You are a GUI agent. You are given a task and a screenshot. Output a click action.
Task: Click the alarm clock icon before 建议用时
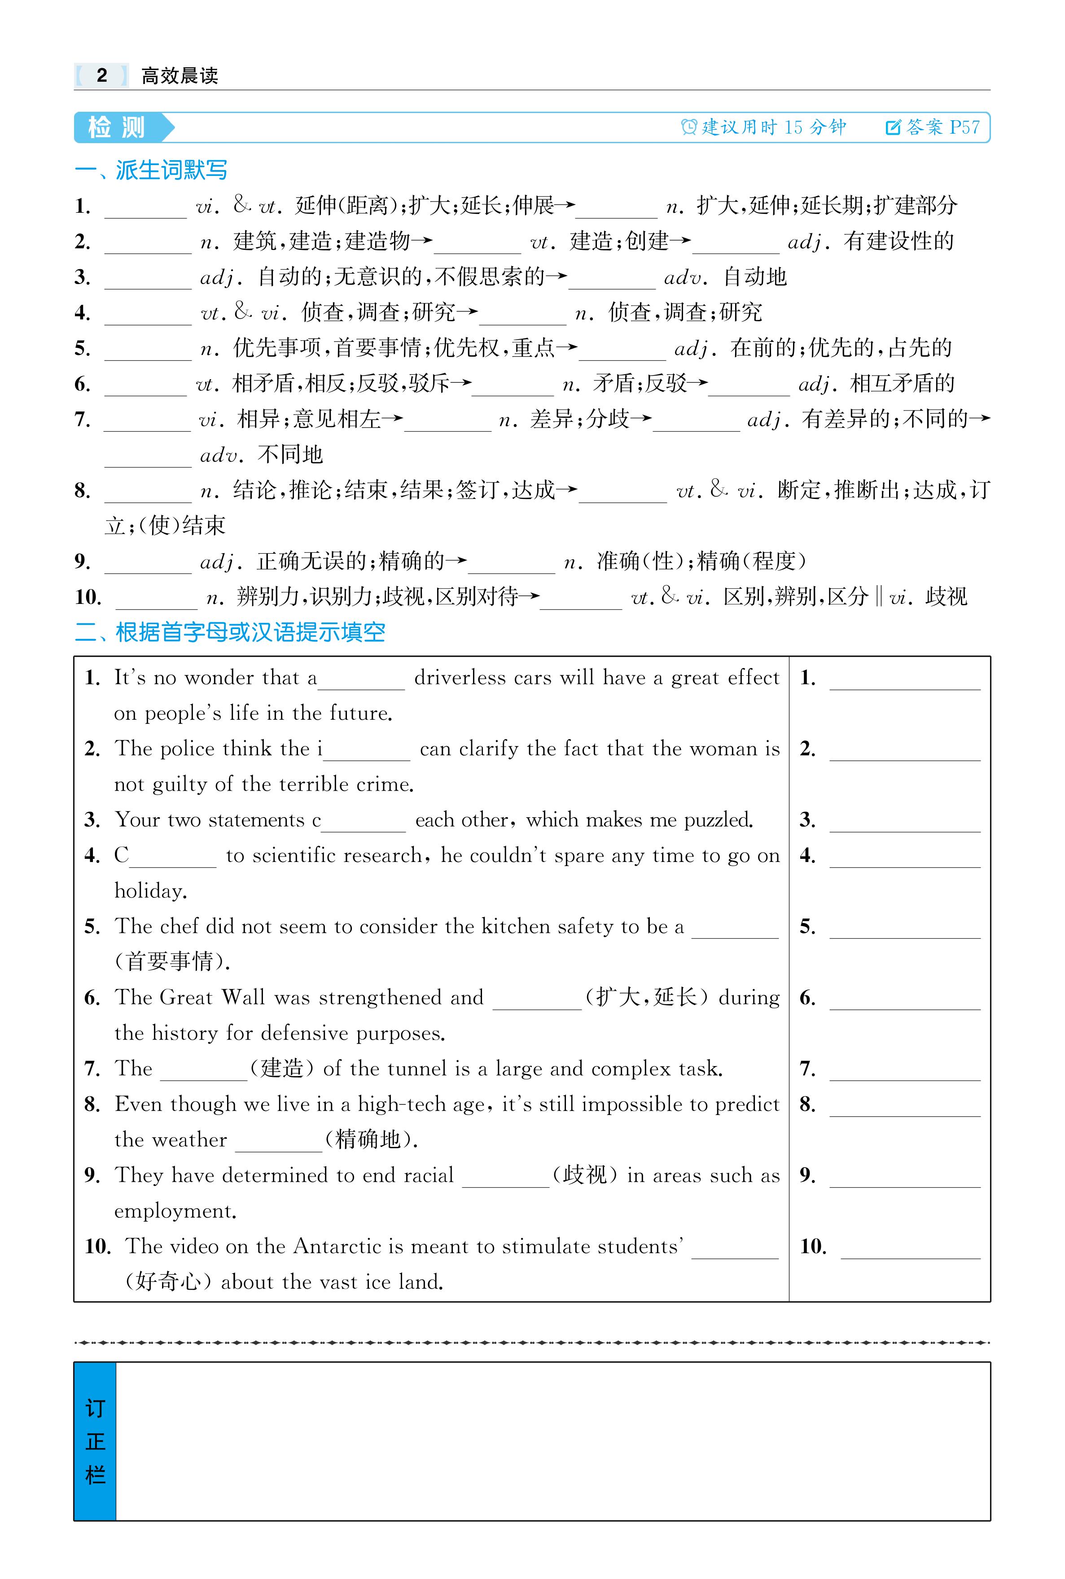(x=689, y=127)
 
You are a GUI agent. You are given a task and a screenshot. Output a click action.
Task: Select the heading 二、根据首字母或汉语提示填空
(x=230, y=632)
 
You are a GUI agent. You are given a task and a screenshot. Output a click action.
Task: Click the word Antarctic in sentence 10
(x=337, y=1247)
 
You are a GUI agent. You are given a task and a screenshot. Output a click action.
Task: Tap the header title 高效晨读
(x=180, y=75)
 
